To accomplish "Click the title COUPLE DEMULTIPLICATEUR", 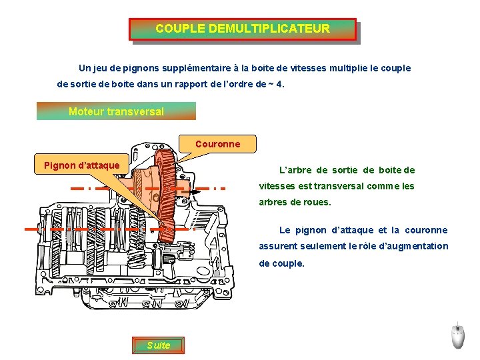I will tap(243, 29).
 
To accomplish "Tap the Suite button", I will tap(159, 345).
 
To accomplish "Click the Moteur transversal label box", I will tap(116, 111).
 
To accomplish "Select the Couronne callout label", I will tap(217, 143).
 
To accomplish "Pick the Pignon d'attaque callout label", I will tap(81, 165).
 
